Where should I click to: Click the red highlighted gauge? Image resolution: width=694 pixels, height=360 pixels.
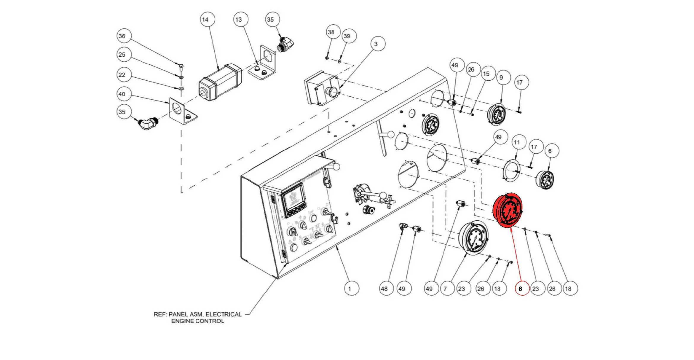pyautogui.click(x=508, y=210)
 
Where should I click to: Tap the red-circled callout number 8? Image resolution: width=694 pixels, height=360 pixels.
pyautogui.click(x=521, y=288)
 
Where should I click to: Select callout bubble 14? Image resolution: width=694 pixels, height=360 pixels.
pyautogui.click(x=205, y=20)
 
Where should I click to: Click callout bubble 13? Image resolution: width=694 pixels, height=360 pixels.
pyautogui.click(x=239, y=20)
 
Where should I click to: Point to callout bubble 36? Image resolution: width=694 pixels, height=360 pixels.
pyautogui.click(x=122, y=36)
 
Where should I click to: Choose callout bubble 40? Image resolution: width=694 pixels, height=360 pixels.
pyautogui.click(x=122, y=94)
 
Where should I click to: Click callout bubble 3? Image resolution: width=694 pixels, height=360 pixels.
pyautogui.click(x=376, y=44)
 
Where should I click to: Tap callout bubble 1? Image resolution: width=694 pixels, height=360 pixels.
pyautogui.click(x=350, y=289)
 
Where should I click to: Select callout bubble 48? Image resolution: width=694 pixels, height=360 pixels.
pyautogui.click(x=385, y=289)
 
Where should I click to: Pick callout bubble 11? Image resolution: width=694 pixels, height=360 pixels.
pyautogui.click(x=517, y=142)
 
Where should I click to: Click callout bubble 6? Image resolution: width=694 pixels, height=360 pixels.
pyautogui.click(x=550, y=151)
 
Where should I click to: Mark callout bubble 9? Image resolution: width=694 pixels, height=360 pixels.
pyautogui.click(x=501, y=77)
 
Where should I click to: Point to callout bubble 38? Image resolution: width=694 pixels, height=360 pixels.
pyautogui.click(x=331, y=32)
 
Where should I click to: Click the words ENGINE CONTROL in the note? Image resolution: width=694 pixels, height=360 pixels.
pyautogui.click(x=197, y=321)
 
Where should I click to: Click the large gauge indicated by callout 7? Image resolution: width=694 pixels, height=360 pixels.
pyautogui.click(x=473, y=237)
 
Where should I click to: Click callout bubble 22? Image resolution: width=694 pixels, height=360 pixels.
pyautogui.click(x=122, y=75)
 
